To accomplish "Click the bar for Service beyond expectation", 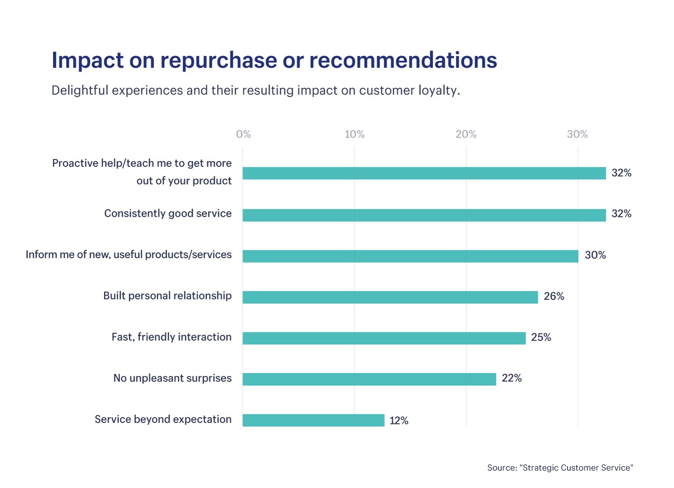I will point(313,420).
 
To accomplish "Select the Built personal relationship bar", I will point(390,297).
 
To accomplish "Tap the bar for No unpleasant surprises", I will point(369,379).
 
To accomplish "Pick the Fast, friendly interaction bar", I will point(384,338).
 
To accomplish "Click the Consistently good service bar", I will point(424,215).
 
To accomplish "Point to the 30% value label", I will point(595,255).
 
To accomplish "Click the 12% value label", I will point(399,420).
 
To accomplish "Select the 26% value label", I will point(554,296).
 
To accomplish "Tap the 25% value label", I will point(541,337).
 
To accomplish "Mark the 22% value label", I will point(511,378).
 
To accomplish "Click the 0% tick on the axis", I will point(243,134).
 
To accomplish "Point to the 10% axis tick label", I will point(354,134).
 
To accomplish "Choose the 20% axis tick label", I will point(466,134).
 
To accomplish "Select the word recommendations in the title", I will point(403,60).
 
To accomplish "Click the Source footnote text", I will point(560,468).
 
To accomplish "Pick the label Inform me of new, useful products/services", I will point(128,255).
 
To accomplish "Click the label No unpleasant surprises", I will point(172,378).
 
